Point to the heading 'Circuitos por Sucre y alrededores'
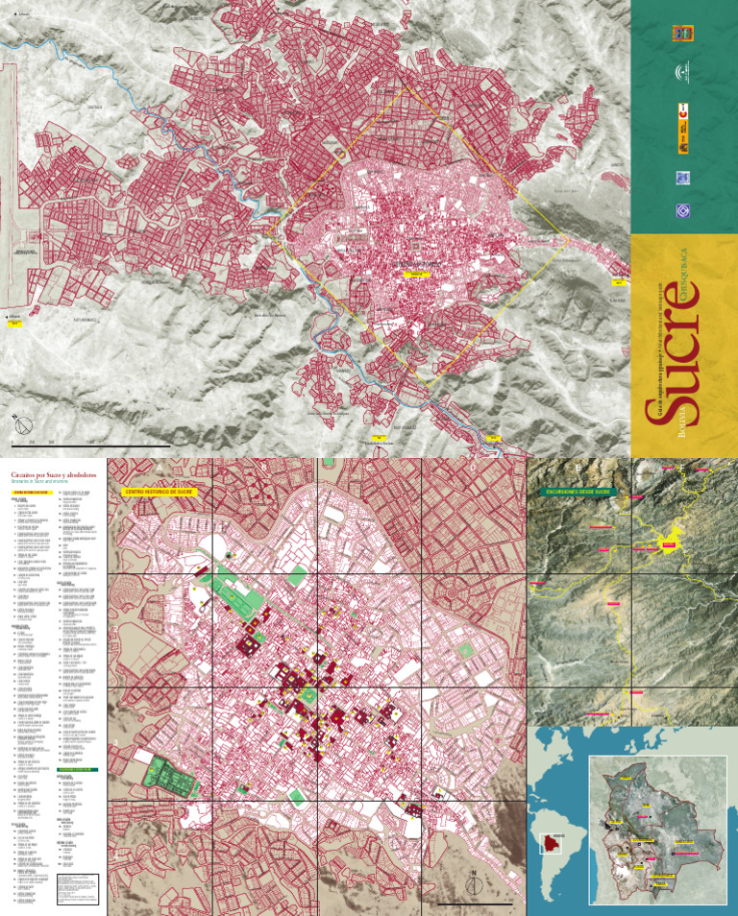pos(54,476)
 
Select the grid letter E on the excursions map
pos(577,468)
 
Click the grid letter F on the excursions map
pos(682,468)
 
